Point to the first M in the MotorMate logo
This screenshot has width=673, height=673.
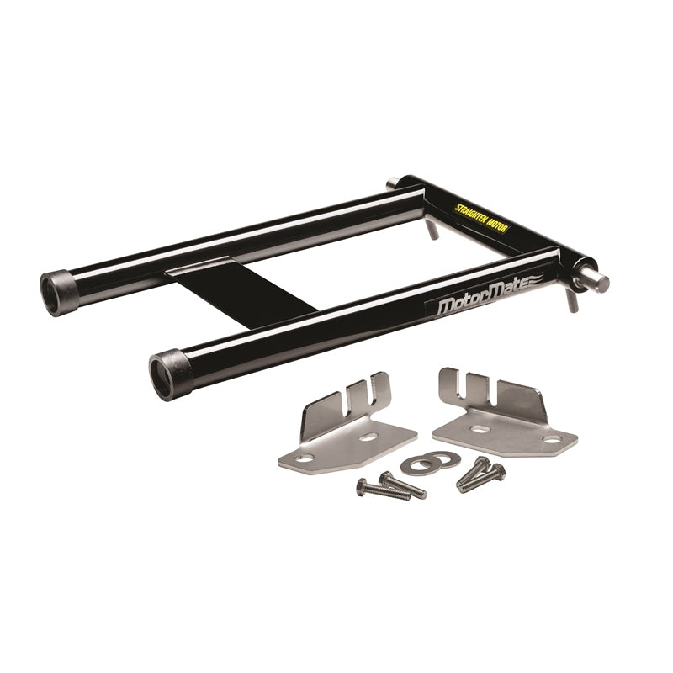coord(447,306)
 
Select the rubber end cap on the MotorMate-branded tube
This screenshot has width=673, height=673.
coord(171,374)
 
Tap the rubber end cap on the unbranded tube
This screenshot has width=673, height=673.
coord(59,293)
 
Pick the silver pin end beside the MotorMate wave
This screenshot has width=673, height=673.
coord(597,282)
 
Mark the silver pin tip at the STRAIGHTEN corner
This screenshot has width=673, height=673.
coord(391,184)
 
